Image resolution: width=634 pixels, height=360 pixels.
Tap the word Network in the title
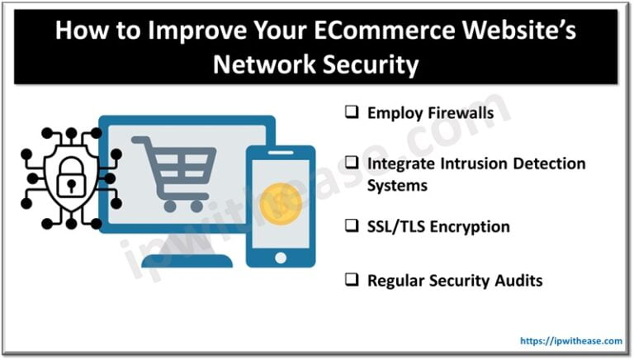click(260, 64)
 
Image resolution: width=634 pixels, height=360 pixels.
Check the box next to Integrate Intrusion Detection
click(352, 163)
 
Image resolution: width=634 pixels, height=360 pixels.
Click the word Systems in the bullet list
click(397, 185)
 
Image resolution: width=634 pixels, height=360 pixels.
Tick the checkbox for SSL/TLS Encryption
click(352, 226)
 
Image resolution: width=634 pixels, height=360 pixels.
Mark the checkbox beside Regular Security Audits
click(352, 281)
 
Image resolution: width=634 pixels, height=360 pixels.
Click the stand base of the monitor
click(187, 260)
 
